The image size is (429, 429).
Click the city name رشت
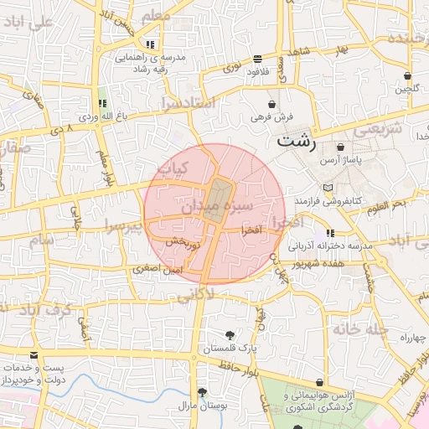297,140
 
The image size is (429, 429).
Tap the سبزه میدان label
214,204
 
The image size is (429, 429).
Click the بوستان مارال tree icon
201,392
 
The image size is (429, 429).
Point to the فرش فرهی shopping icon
273,104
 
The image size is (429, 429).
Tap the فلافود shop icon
256,59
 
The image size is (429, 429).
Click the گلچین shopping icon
406,75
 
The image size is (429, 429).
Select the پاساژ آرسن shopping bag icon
340,147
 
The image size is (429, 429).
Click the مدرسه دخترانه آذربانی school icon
330,232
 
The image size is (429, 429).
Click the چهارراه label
413,337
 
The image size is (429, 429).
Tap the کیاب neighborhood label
173,168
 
